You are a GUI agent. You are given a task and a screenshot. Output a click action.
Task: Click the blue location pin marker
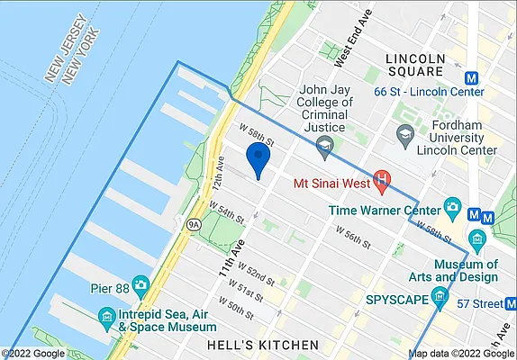click(259, 158)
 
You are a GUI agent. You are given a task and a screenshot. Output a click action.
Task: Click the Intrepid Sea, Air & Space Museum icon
click(107, 317)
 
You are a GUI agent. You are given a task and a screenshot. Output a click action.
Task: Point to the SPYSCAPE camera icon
click(440, 297)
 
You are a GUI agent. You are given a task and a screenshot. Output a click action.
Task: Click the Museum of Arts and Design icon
click(476, 240)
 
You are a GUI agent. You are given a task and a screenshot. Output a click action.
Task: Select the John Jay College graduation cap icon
click(325, 144)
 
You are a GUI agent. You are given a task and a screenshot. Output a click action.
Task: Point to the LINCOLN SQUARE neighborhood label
click(414, 65)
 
